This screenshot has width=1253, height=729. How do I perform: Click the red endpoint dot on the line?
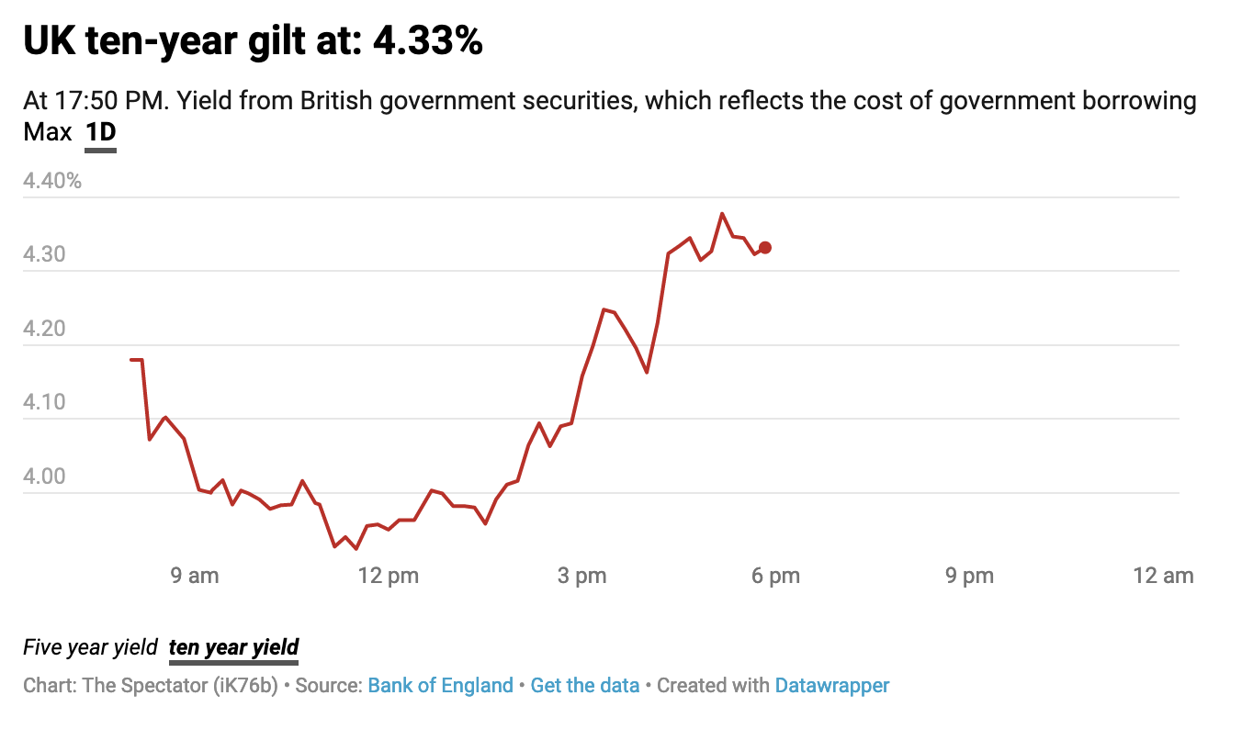[764, 248]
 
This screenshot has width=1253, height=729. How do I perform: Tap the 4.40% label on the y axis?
[52, 181]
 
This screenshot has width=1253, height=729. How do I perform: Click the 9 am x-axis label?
[196, 577]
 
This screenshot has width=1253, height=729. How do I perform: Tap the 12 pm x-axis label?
[389, 577]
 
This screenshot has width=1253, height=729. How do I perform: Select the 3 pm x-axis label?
[582, 577]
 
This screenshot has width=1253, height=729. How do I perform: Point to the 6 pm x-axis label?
[775, 577]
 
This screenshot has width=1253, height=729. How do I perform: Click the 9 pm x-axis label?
[970, 577]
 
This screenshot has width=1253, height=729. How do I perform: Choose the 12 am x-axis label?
[1163, 577]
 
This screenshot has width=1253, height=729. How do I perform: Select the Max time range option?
[48, 133]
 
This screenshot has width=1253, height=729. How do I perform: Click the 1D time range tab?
[100, 133]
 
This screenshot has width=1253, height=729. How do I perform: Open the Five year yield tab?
[90, 647]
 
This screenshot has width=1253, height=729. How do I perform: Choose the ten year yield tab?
[233, 647]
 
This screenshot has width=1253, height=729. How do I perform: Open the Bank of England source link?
[440, 685]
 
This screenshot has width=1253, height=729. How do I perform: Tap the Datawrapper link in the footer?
[831, 685]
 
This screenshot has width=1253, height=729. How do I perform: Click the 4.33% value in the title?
[427, 41]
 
